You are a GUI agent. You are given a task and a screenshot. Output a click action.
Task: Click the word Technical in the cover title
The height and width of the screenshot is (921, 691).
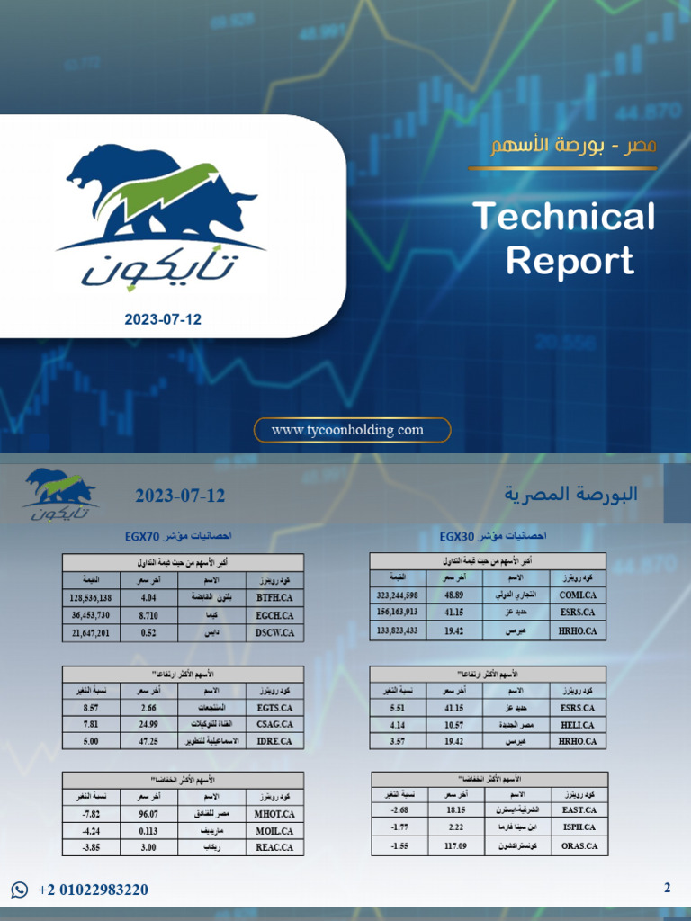pos(564,218)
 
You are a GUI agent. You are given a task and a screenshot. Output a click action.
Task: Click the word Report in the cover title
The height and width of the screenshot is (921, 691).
pos(570,261)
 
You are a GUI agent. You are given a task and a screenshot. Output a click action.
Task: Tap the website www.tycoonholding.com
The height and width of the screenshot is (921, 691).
pos(347,430)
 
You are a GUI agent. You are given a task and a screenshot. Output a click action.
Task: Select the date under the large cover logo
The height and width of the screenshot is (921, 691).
pos(163,319)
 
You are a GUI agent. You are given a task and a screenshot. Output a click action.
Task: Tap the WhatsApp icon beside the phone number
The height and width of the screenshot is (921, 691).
pos(20,890)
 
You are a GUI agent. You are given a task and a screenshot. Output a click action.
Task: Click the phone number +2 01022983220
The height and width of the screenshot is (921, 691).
pos(93,890)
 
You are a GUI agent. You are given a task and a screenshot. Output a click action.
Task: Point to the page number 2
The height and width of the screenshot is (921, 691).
pos(667,889)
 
